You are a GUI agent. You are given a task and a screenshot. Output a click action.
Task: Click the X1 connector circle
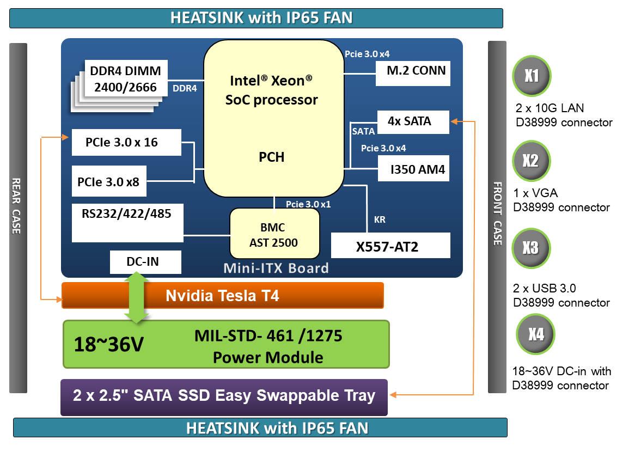(532, 76)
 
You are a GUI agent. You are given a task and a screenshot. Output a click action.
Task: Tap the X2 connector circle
(531, 161)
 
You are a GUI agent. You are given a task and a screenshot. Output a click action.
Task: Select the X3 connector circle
(530, 248)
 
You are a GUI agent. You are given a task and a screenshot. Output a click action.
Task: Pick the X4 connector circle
(536, 334)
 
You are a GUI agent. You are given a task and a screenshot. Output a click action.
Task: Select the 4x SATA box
(413, 122)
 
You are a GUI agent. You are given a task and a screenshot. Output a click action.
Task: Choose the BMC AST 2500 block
(274, 233)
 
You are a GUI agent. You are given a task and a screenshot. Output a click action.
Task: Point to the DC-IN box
(145, 262)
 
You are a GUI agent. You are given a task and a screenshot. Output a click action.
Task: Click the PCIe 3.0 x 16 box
(126, 142)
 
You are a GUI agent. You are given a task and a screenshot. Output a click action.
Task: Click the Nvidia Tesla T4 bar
(223, 296)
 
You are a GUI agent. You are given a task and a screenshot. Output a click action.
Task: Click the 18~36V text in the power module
(109, 345)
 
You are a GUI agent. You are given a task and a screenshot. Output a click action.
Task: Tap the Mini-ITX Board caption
(276, 268)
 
